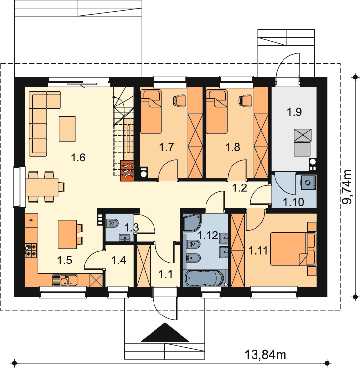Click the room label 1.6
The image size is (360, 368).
78,158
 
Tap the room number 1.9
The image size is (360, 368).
295,112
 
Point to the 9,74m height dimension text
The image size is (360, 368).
347,186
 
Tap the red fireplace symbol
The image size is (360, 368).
127,171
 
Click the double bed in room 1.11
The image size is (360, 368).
293,249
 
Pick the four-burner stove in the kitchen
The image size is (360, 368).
31,250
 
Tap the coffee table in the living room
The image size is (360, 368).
67,129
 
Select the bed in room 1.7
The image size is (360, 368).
151,112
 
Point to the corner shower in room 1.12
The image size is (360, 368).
192,223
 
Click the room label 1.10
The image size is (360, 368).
293,202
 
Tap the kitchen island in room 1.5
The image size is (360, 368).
67,234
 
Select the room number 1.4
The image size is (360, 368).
119,260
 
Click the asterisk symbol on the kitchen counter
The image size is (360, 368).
31,220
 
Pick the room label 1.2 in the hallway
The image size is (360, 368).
240,188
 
